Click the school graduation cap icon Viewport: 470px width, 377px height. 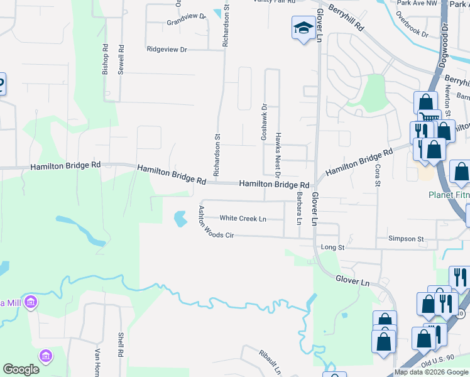(303, 28)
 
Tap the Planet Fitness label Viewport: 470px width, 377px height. (449, 195)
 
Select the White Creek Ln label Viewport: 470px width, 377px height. (243, 219)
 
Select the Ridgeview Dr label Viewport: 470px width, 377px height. (167, 49)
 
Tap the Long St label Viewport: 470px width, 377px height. (332, 248)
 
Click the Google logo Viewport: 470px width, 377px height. (21, 369)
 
